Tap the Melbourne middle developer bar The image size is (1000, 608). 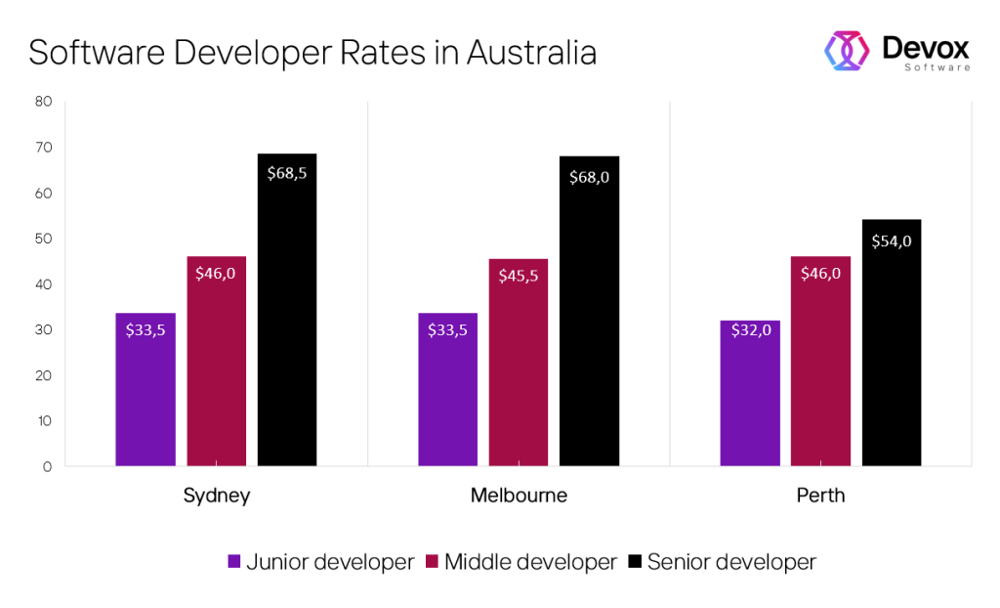click(x=519, y=362)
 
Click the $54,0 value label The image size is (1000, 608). click(x=891, y=240)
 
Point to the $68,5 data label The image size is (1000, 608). click(x=287, y=173)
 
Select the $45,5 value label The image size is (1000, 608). click(x=519, y=276)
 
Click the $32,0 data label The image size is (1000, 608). click(x=750, y=329)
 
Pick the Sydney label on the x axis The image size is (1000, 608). click(x=217, y=496)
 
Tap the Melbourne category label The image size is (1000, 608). click(x=519, y=496)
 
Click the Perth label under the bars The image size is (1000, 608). click(x=820, y=496)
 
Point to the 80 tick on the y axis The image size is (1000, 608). click(x=43, y=102)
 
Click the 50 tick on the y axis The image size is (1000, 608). click(x=43, y=239)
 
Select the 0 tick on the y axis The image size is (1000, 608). click(x=47, y=466)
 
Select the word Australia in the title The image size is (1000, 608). click(x=531, y=52)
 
